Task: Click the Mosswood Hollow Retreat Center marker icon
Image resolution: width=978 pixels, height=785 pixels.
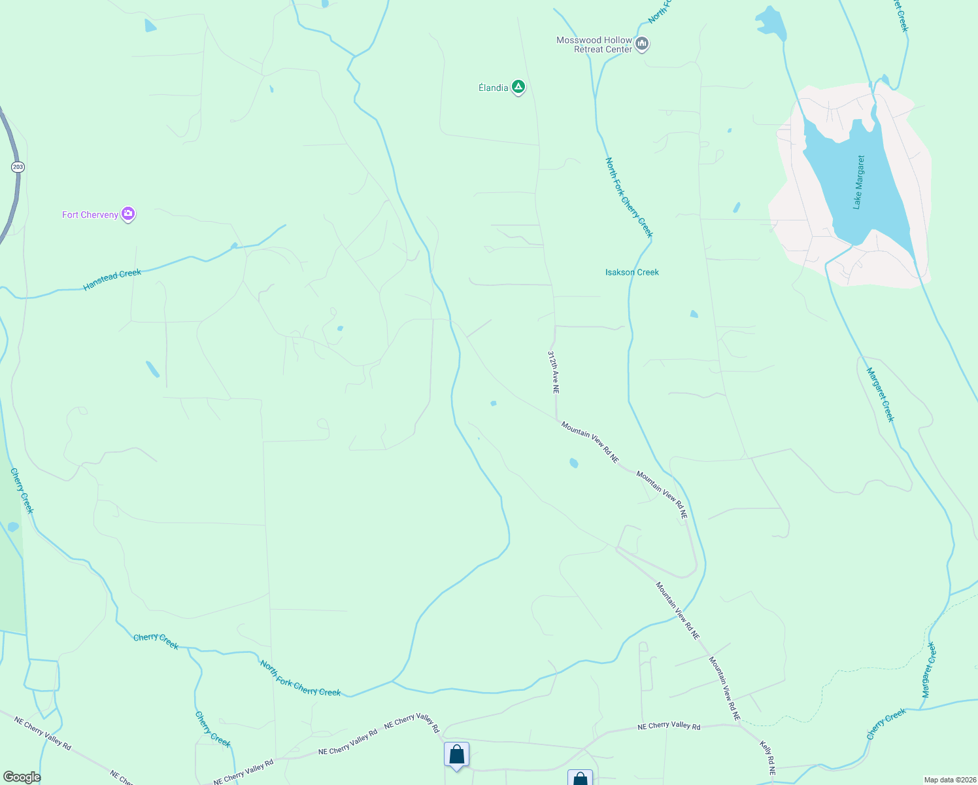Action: [642, 44]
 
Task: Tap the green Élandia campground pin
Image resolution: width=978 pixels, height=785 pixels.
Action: [518, 86]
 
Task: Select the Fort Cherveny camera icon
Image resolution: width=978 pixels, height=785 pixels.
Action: [128, 213]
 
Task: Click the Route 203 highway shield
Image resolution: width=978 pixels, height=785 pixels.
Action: [18, 167]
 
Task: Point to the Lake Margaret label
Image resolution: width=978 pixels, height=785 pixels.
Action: [858, 182]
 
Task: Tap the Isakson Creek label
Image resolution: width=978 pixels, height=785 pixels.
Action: [632, 272]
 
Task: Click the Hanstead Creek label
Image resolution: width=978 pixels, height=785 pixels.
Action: [112, 280]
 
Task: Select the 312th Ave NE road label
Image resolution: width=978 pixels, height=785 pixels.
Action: [554, 372]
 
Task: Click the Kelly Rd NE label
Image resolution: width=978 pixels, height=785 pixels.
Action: [767, 758]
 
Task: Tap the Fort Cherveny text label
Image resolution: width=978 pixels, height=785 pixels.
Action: [90, 215]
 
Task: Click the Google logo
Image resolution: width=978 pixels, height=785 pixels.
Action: [22, 777]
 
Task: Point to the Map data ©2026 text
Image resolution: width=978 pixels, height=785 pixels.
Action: [949, 780]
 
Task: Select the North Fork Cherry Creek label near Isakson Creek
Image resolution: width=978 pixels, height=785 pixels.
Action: [629, 197]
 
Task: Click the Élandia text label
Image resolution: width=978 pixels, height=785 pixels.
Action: [493, 88]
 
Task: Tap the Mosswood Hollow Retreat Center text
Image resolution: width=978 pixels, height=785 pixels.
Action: [594, 44]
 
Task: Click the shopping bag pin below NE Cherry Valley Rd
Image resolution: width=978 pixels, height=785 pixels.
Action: [456, 755]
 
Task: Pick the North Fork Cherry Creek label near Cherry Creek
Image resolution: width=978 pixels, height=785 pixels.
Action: [300, 678]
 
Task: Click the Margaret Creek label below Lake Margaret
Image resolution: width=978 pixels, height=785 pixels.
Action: [880, 394]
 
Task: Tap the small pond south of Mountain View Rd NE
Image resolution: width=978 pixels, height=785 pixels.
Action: [573, 463]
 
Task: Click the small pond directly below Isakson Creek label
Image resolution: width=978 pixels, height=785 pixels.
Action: [694, 314]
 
